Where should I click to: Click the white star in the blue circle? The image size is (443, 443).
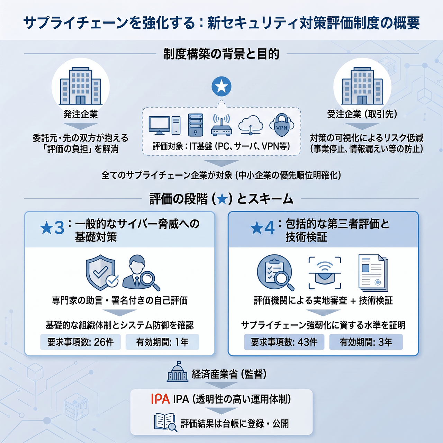pos(221,87)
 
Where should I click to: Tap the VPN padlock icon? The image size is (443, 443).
pos(282,125)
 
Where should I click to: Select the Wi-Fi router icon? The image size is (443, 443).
pos(221,124)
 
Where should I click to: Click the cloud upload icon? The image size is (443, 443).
pos(251,125)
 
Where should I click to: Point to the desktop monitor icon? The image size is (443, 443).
pos(160,125)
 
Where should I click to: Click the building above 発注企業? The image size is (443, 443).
pos(80,86)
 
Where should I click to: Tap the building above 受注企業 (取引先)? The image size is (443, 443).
pos(362,86)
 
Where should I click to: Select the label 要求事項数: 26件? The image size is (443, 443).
pos(80,342)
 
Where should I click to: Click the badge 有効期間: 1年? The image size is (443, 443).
pos(162,342)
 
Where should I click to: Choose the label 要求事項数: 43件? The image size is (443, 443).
pos(284,342)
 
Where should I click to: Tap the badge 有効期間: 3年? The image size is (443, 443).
pos(366,342)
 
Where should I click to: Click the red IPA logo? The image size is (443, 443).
pos(161,399)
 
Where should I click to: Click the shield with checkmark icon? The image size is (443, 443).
pos(102,272)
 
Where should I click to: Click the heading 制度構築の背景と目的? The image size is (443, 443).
pos(221,54)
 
